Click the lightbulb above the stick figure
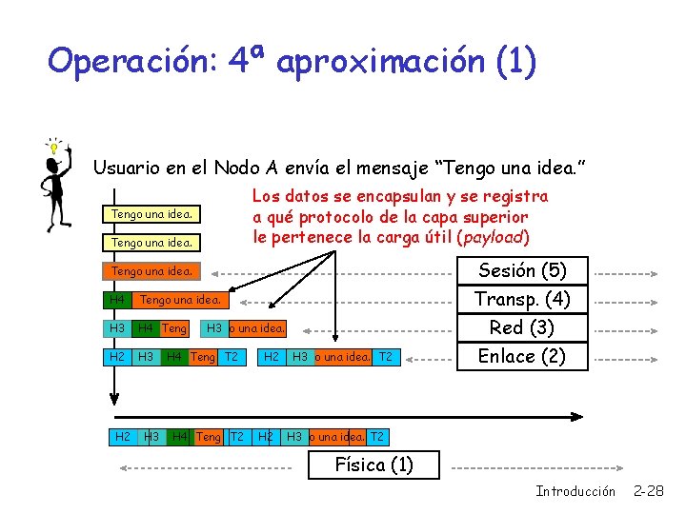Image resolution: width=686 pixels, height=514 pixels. (55, 147)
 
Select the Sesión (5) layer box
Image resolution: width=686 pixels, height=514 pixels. (522, 270)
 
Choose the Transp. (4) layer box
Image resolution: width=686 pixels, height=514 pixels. (522, 299)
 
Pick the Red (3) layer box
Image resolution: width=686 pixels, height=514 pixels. (522, 327)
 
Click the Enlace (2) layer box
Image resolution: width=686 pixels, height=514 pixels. (522, 356)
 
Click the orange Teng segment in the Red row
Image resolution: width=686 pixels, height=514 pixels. (173, 328)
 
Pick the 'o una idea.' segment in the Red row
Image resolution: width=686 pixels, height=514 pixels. (257, 328)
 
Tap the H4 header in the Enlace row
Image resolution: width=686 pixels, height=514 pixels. (173, 357)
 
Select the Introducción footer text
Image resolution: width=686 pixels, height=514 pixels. (575, 491)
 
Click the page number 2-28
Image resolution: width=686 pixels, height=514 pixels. (649, 491)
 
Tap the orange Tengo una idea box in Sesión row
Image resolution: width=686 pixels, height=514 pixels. (152, 271)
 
